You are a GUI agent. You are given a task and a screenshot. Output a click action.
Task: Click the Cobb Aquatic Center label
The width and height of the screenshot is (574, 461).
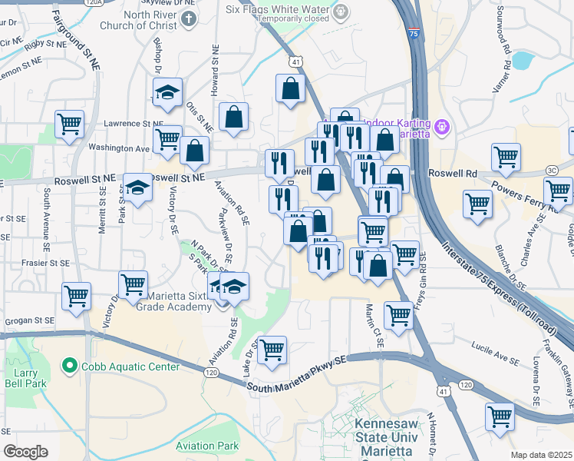point(131,366)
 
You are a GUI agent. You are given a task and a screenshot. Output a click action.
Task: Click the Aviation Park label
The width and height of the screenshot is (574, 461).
point(206,446)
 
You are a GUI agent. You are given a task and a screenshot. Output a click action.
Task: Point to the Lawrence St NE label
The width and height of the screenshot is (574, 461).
point(134,123)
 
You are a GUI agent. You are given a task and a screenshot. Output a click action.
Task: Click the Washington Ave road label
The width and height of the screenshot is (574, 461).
point(118,148)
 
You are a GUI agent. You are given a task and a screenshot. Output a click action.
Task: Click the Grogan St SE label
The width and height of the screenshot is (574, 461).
point(28,320)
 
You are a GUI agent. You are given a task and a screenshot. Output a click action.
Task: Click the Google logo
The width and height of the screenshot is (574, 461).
point(25,452)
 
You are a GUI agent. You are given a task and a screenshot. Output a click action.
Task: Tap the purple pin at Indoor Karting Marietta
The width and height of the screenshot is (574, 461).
point(442,126)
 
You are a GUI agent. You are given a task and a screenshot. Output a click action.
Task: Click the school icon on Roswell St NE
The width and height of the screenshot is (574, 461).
point(138,187)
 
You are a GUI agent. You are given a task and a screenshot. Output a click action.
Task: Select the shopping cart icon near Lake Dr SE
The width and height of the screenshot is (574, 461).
point(272,350)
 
